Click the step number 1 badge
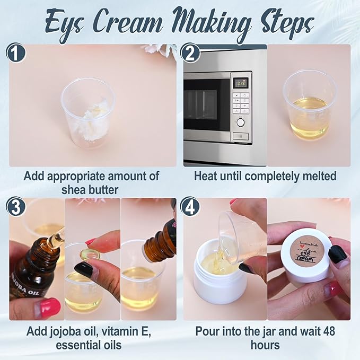(x=16, y=54)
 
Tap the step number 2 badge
(x=190, y=54)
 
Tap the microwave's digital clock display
(x=241, y=83)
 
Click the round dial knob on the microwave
(x=241, y=122)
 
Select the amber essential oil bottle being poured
(x=160, y=244)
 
